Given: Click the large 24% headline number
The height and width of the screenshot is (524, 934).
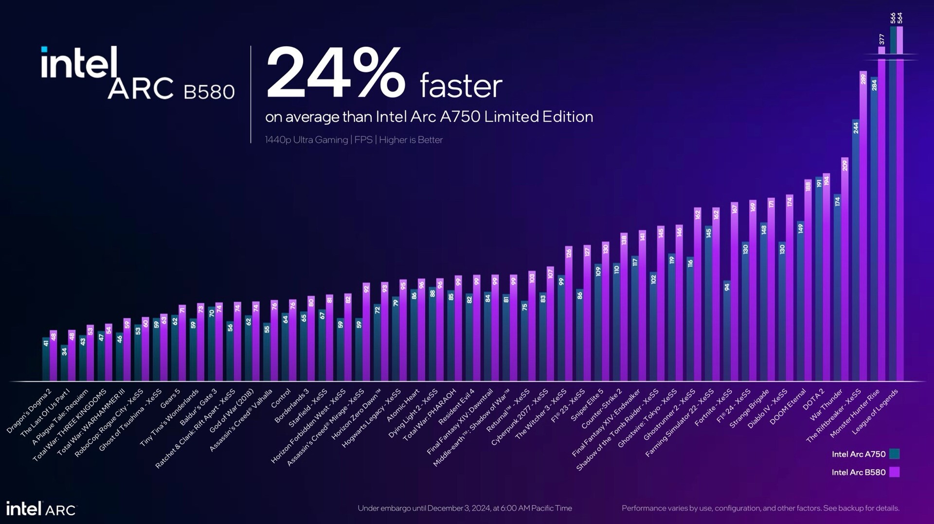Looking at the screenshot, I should pos(336,73).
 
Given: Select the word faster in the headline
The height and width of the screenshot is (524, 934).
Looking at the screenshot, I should pos(461,86).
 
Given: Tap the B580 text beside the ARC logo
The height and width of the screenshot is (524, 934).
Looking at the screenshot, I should pos(209,91).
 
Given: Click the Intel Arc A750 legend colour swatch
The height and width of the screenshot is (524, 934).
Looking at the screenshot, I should pos(894,454).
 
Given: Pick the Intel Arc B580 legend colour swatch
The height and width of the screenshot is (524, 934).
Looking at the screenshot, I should pos(894,472).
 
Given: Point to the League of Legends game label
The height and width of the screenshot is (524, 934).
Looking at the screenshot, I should pos(876,411).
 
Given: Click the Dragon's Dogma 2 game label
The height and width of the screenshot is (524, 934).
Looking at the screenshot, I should pos(29,411).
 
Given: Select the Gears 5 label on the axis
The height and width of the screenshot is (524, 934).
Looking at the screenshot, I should pos(170,398).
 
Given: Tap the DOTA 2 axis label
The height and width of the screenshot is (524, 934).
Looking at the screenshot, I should pos(813,398).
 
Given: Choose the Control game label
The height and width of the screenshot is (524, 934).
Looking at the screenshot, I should pos(281,398).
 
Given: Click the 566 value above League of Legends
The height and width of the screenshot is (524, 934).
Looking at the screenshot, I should pos(893,18).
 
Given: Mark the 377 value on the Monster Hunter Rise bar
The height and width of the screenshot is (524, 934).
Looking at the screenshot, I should pos(881,39).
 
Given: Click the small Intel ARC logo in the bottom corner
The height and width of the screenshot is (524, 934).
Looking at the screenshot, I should pos(41,509).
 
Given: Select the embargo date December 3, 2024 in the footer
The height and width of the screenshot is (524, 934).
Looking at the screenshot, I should pos(462,508).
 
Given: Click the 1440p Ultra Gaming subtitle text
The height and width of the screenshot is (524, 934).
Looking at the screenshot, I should pos(306,140).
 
